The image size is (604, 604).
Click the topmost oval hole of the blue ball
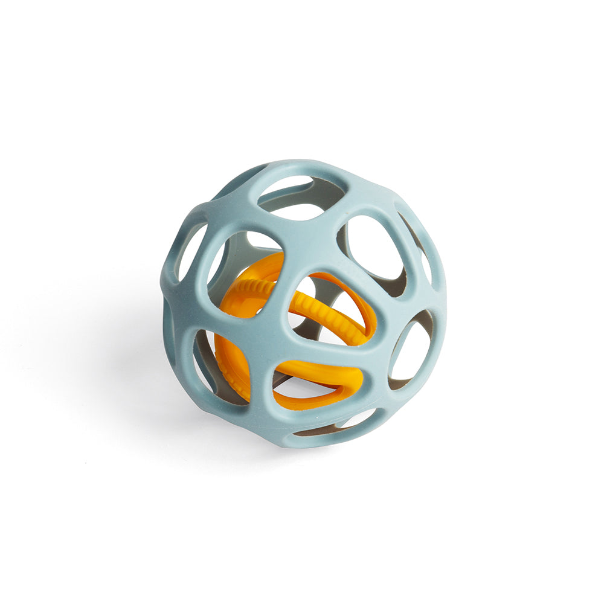(x=300, y=197)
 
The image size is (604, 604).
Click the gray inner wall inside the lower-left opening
(x=208, y=362)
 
